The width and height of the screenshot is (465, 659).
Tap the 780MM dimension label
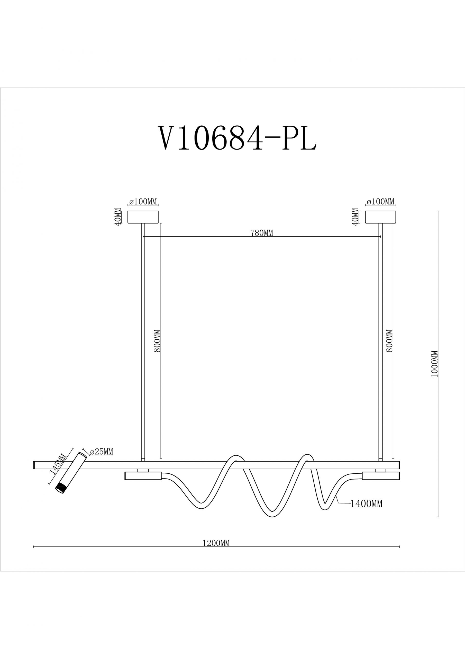pos(262,233)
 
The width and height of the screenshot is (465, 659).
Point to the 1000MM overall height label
pos(435,364)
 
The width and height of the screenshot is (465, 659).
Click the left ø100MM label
pos(143,202)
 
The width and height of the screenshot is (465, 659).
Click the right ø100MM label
pos(380,202)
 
